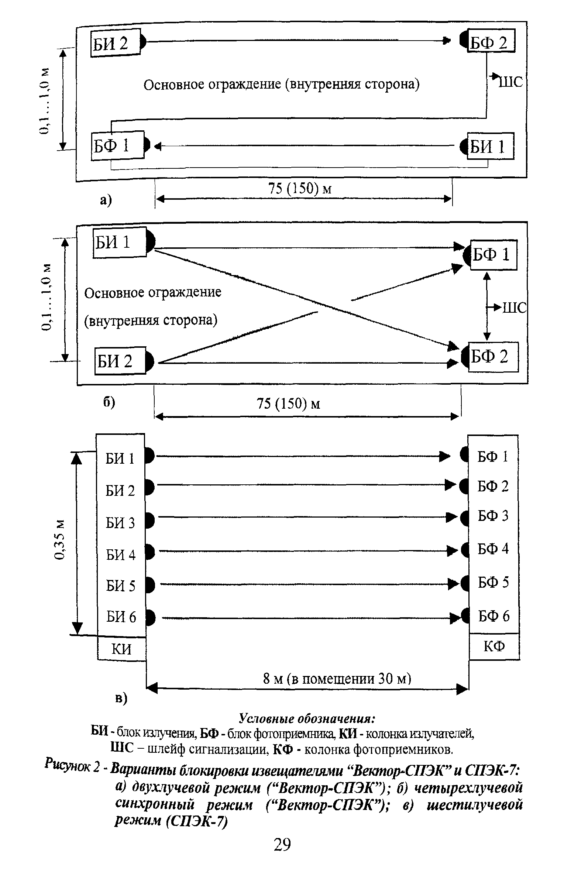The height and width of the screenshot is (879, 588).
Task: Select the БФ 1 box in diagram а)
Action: coord(117,145)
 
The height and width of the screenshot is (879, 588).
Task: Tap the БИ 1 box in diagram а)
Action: coord(490,146)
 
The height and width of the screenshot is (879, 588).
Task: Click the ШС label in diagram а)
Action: coord(510,81)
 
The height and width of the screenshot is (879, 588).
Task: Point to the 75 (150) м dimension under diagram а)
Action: coord(300,188)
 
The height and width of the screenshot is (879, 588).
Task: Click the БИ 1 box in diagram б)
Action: coord(119,242)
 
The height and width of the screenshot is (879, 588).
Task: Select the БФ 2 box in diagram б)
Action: coord(493,357)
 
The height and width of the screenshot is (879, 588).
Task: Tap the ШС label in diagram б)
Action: coord(514,308)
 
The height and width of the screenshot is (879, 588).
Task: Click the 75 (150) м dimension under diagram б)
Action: coord(288,404)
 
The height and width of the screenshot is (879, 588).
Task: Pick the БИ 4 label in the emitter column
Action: coord(120,554)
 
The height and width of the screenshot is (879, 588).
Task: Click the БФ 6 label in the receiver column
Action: coord(494,616)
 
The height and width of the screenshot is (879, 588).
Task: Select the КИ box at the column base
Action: coord(121,649)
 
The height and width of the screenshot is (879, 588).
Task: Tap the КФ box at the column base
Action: coord(494,646)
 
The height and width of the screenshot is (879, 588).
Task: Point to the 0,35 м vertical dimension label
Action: coord(60,539)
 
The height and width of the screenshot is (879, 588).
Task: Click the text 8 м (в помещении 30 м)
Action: coord(337,678)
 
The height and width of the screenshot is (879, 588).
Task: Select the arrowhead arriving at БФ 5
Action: coord(454,584)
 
